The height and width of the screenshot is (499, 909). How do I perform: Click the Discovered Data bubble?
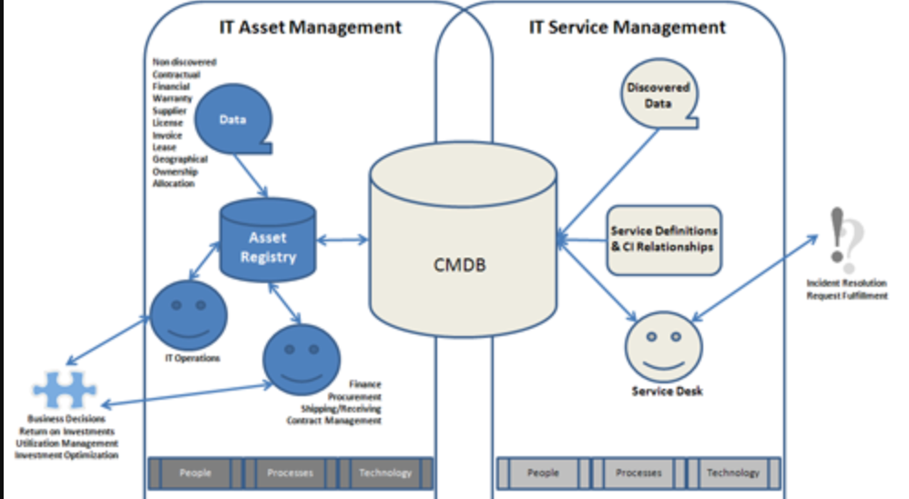tap(658, 97)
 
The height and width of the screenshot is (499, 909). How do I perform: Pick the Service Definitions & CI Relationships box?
tap(664, 239)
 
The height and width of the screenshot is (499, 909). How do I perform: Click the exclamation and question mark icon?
tap(844, 239)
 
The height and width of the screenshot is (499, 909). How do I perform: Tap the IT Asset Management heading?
tap(310, 27)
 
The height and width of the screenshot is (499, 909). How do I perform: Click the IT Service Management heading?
tap(627, 27)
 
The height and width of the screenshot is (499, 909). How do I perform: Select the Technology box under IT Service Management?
tap(732, 473)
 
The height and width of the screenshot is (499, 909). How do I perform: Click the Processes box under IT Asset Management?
tap(290, 473)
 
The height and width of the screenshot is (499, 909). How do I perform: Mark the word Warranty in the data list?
tap(169, 98)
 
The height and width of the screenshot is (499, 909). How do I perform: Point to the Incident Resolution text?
tap(846, 283)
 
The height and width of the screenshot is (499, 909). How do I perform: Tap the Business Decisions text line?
tap(66, 420)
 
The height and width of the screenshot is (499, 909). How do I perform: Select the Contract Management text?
tap(333, 421)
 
